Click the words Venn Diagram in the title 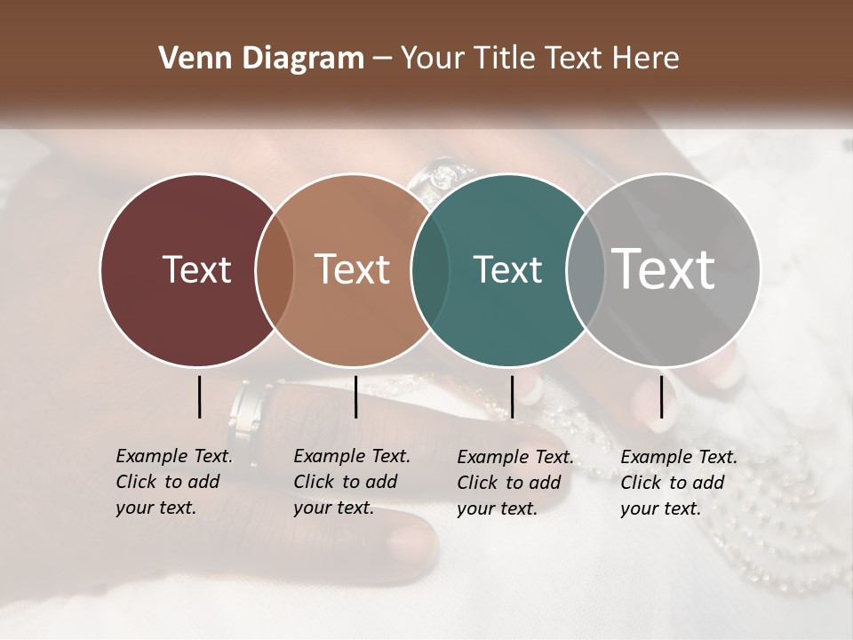click(261, 59)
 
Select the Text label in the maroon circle click(196, 269)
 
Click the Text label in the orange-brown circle click(352, 269)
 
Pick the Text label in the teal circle click(507, 269)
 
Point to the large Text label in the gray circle click(664, 268)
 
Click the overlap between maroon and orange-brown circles click(275, 269)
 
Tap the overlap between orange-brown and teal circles click(430, 269)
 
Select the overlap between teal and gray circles click(586, 269)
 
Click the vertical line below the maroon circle click(200, 396)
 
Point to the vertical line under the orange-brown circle click(355, 396)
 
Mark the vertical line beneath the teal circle click(512, 396)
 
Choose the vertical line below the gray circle click(661, 396)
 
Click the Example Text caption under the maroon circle click(173, 482)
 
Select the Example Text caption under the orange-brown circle click(351, 482)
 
